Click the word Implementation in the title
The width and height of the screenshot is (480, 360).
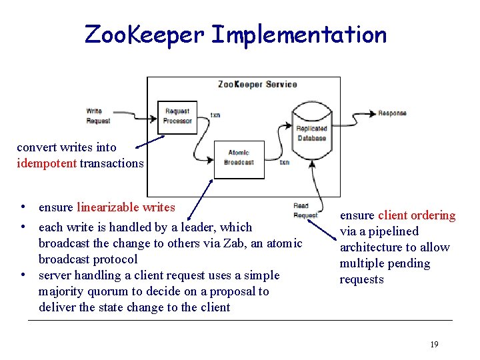(x=298, y=35)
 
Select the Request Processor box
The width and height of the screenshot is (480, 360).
(x=177, y=116)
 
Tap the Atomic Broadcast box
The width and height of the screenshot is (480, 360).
(x=239, y=157)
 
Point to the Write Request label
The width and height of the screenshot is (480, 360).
(x=99, y=116)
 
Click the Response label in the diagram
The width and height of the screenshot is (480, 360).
(x=392, y=113)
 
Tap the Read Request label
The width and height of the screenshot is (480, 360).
(x=305, y=211)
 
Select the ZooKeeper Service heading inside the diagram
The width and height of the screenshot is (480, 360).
(x=257, y=85)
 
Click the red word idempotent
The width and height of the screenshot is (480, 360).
(x=47, y=163)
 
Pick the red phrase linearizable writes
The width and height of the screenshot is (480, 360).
(x=126, y=207)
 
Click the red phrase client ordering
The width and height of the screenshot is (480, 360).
(x=417, y=215)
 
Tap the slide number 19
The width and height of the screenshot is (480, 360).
(x=434, y=344)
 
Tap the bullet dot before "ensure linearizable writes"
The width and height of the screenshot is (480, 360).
(x=23, y=207)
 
